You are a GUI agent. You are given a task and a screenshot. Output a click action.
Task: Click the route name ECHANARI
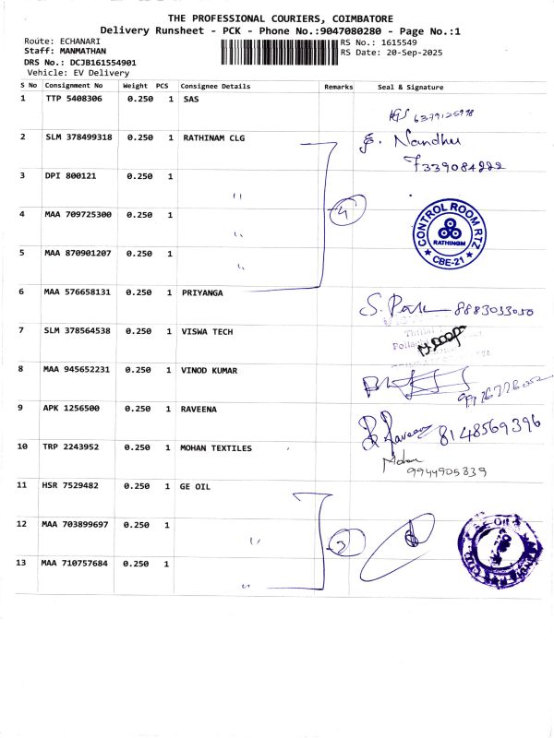pyautogui.click(x=84, y=42)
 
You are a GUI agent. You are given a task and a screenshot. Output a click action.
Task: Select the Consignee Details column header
pyautogui.click(x=215, y=86)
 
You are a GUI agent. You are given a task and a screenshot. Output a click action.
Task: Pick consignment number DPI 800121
pyautogui.click(x=70, y=175)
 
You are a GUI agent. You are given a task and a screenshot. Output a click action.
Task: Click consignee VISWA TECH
pyautogui.click(x=208, y=330)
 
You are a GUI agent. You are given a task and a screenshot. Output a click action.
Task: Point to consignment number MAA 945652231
pyautogui.click(x=78, y=369)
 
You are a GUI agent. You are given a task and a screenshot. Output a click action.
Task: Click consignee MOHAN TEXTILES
pyautogui.click(x=217, y=447)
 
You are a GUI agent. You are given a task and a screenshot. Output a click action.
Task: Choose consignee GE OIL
pyautogui.click(x=196, y=485)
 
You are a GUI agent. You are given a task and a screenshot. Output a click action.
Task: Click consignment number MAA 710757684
pyautogui.click(x=75, y=563)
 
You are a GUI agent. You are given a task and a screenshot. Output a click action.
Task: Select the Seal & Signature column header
pyautogui.click(x=411, y=86)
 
